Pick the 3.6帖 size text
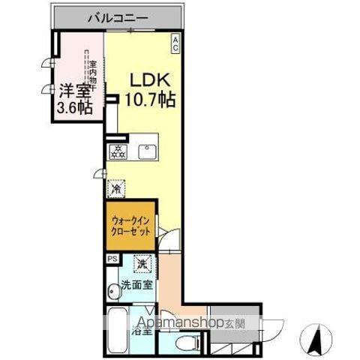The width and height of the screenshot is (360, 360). tap(73, 108)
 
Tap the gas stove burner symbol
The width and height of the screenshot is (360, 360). tap(118, 151)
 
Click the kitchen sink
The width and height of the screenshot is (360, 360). tap(146, 150)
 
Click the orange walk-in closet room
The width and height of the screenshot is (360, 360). tap(130, 226)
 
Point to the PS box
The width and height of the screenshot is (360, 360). tap(112, 259)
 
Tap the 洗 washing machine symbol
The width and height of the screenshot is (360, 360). tap(142, 265)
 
